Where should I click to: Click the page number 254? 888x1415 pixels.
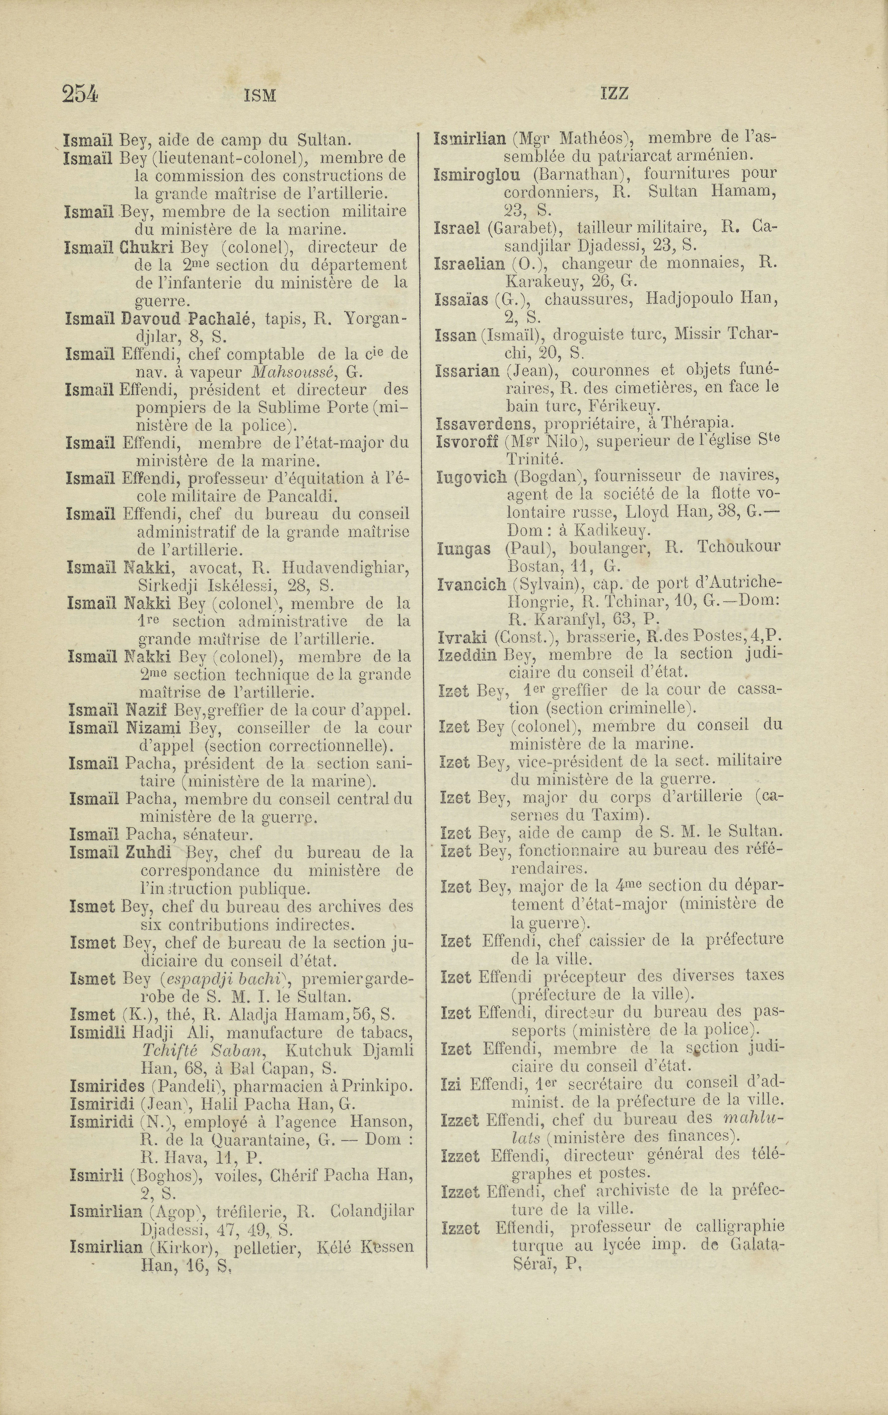click(x=80, y=94)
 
